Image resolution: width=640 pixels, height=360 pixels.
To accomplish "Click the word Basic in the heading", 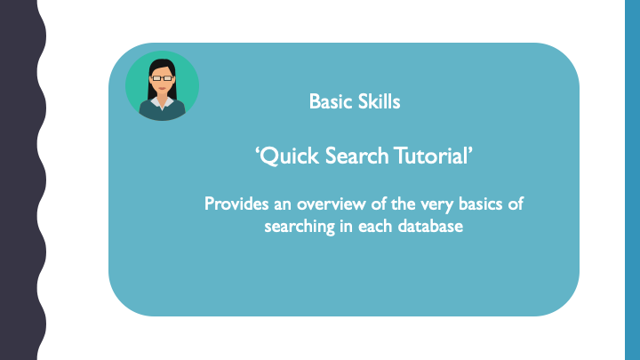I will tap(329, 102).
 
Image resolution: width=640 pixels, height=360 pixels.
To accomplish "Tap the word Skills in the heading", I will tap(377, 102).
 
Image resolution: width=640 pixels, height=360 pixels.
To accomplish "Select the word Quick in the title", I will tap(284, 157).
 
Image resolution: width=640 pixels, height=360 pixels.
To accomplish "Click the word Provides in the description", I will tap(236, 204).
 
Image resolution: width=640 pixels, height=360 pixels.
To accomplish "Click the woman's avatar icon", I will tap(162, 85).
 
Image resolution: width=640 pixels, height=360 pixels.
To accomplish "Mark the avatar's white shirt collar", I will tap(161, 102).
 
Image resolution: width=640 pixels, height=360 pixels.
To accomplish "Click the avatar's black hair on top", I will tap(161, 64).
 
